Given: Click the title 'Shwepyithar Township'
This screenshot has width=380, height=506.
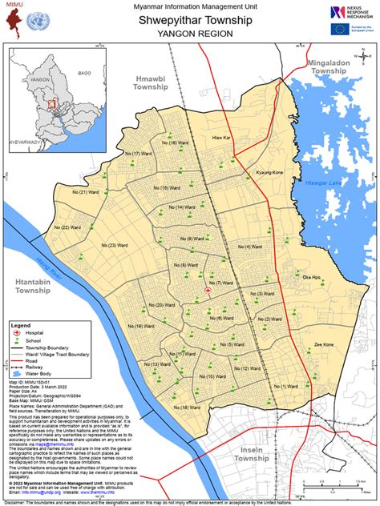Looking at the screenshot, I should coord(189,20).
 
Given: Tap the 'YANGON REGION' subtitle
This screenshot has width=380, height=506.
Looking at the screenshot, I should coord(189,34).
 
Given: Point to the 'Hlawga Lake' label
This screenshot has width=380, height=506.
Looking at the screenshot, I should coord(323,184).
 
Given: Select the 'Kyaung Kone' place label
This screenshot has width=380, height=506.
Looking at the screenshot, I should coord(269,172).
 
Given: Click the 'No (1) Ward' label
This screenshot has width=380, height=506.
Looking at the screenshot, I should coord(284,385).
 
